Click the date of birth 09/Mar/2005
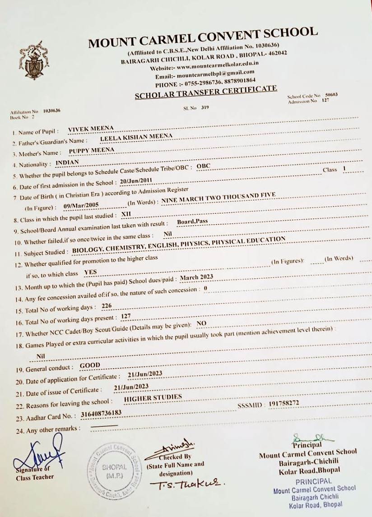click(x=82, y=206)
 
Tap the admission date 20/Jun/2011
click(x=136, y=181)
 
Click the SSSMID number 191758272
click(x=284, y=403)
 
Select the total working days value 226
click(x=107, y=306)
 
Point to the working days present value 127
click(x=126, y=317)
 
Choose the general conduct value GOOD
click(x=90, y=365)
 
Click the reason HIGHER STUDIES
click(x=153, y=398)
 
